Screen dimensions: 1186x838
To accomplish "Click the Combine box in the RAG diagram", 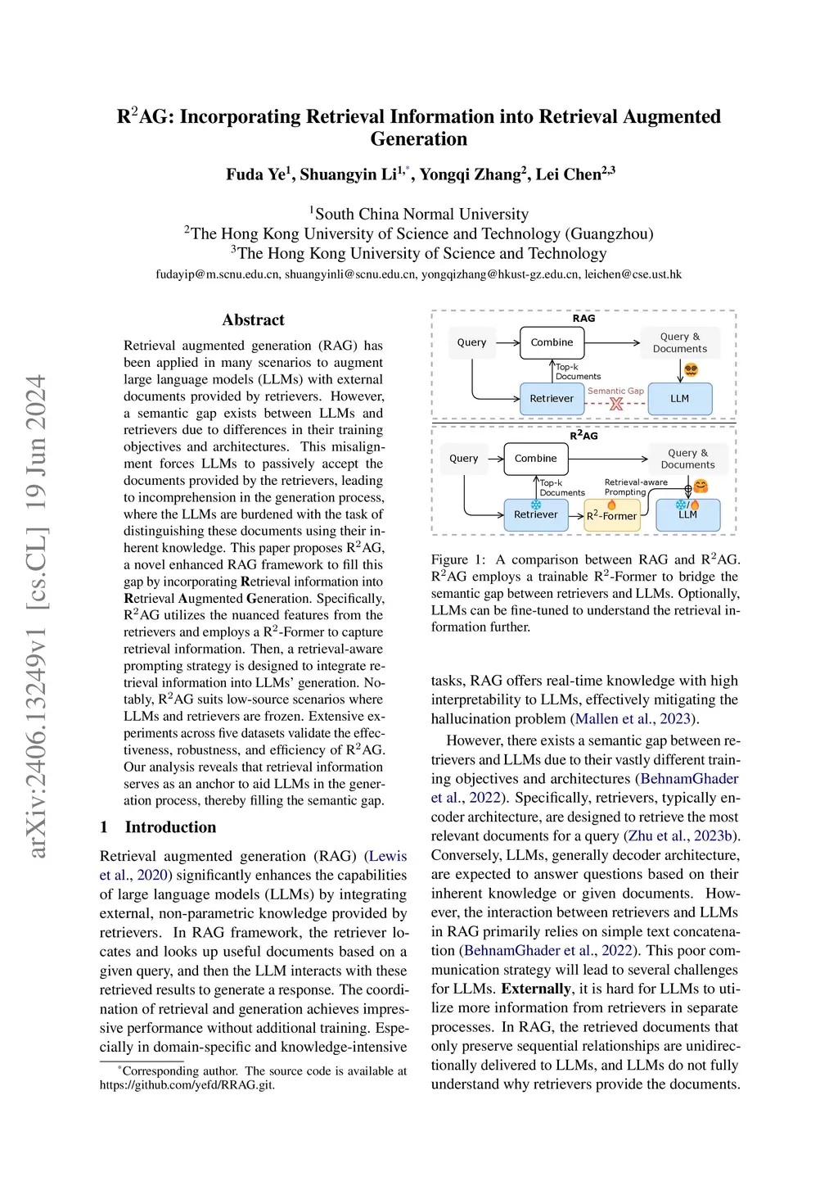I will (552, 342).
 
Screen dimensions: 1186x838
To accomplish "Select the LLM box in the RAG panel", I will (679, 399).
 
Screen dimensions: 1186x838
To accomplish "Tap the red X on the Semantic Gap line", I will (616, 404).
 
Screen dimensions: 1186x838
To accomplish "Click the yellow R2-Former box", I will (611, 516).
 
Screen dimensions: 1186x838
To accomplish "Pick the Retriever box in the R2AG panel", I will (535, 515).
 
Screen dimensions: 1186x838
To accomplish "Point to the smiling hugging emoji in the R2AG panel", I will (701, 487).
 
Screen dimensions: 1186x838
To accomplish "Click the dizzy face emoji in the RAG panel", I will (691, 370).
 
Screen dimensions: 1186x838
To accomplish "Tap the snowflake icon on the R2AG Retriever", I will (536, 504).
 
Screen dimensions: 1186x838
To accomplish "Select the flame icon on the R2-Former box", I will (611, 505).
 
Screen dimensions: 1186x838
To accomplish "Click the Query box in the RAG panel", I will (471, 342).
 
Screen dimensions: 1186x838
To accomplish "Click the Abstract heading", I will (253, 320).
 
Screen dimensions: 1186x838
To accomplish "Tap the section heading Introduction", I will (170, 827).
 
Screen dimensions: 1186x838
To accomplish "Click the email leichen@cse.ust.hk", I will (633, 274).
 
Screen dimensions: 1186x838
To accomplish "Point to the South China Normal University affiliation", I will (421, 215).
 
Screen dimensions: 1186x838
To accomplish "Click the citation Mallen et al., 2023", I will (633, 719).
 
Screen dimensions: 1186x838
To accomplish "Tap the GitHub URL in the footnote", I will (187, 1085).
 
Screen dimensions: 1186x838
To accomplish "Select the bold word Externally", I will (536, 989).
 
